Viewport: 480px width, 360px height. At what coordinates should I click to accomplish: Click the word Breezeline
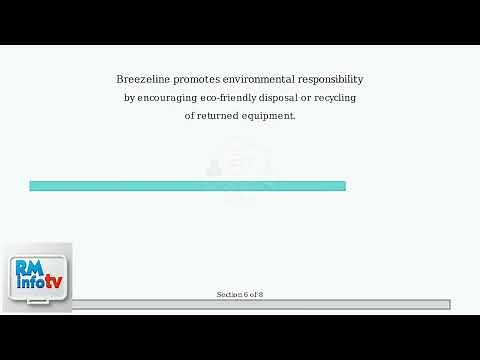(x=142, y=78)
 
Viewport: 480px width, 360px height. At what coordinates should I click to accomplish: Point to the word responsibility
(x=331, y=78)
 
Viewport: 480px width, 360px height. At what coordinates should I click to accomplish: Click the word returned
(x=220, y=116)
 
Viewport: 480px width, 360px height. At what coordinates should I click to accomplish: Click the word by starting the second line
(x=129, y=97)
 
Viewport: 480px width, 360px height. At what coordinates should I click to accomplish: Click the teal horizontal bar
(x=187, y=186)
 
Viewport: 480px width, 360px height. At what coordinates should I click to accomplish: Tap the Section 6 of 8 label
(x=240, y=294)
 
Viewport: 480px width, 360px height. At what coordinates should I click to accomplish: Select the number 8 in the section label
(x=260, y=294)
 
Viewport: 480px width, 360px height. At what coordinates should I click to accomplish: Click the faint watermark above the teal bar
(x=240, y=165)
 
